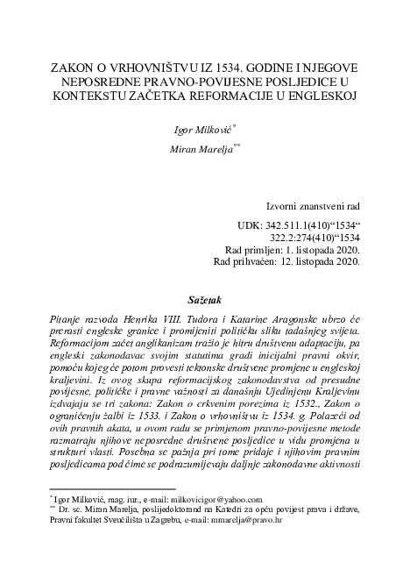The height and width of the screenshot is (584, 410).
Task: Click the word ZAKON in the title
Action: pyautogui.click(x=77, y=68)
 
